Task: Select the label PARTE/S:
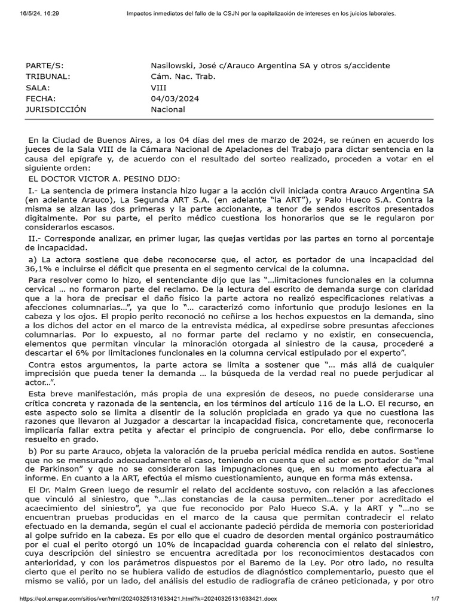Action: click(44, 65)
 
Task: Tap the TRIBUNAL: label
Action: click(48, 76)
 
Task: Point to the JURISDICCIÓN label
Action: click(56, 109)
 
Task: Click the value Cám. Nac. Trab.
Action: click(183, 76)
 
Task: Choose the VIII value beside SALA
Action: click(159, 87)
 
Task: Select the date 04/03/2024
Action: click(175, 99)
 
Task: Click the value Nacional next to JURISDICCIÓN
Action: click(168, 109)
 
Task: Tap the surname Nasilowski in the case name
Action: click(173, 65)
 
